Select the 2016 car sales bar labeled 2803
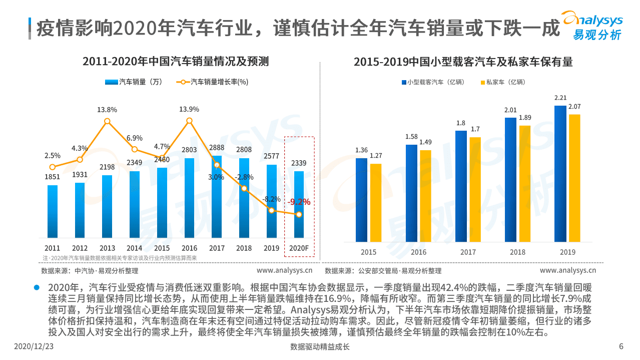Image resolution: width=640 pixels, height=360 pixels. pos(189,198)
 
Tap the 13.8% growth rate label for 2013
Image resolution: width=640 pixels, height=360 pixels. pos(107,110)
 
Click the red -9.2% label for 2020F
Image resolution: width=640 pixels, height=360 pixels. pos(299,202)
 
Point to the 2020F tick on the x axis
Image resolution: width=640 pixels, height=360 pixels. pos(299,248)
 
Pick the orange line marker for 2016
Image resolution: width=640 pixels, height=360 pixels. pos(189,121)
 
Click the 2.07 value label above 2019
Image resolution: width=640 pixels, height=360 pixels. pos(574,107)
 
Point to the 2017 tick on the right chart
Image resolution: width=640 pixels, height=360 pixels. pos(468,252)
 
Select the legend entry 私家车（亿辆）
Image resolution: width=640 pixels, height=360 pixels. pos(502,82)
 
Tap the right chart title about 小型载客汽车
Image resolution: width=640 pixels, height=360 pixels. pos(463,62)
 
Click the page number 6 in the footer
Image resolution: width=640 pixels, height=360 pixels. pos(621,346)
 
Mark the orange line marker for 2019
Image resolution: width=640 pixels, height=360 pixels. pos(272,210)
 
